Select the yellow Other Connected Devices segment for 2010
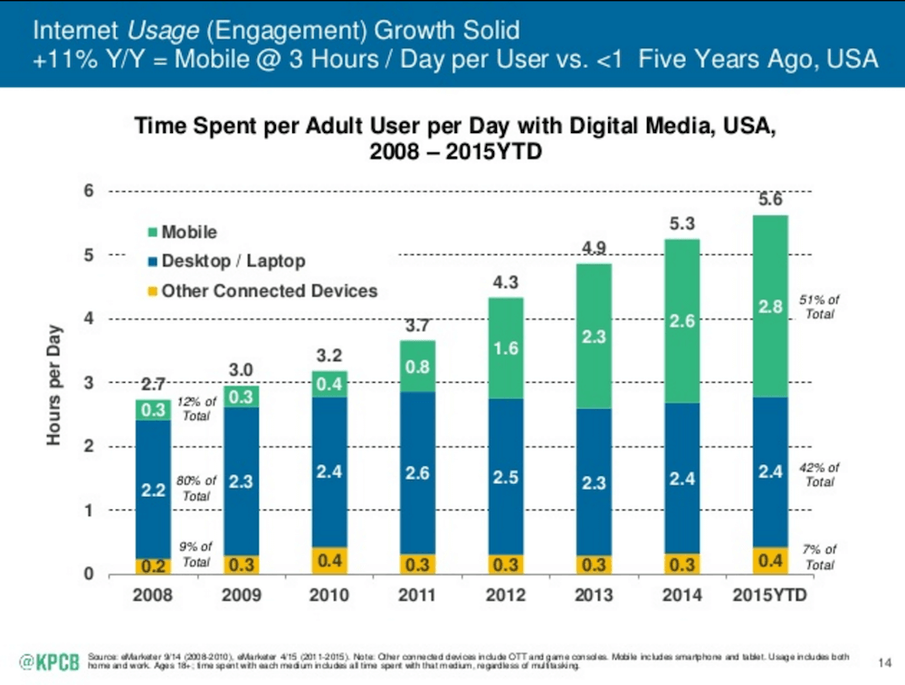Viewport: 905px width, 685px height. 331,560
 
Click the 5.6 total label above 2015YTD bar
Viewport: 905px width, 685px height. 769,201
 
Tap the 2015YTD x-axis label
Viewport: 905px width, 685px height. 769,596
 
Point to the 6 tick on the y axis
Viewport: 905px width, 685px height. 89,191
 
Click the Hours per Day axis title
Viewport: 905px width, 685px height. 55,384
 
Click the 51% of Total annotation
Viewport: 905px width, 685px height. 820,307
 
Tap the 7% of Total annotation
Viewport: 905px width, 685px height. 820,557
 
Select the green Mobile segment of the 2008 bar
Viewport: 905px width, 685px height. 154,410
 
